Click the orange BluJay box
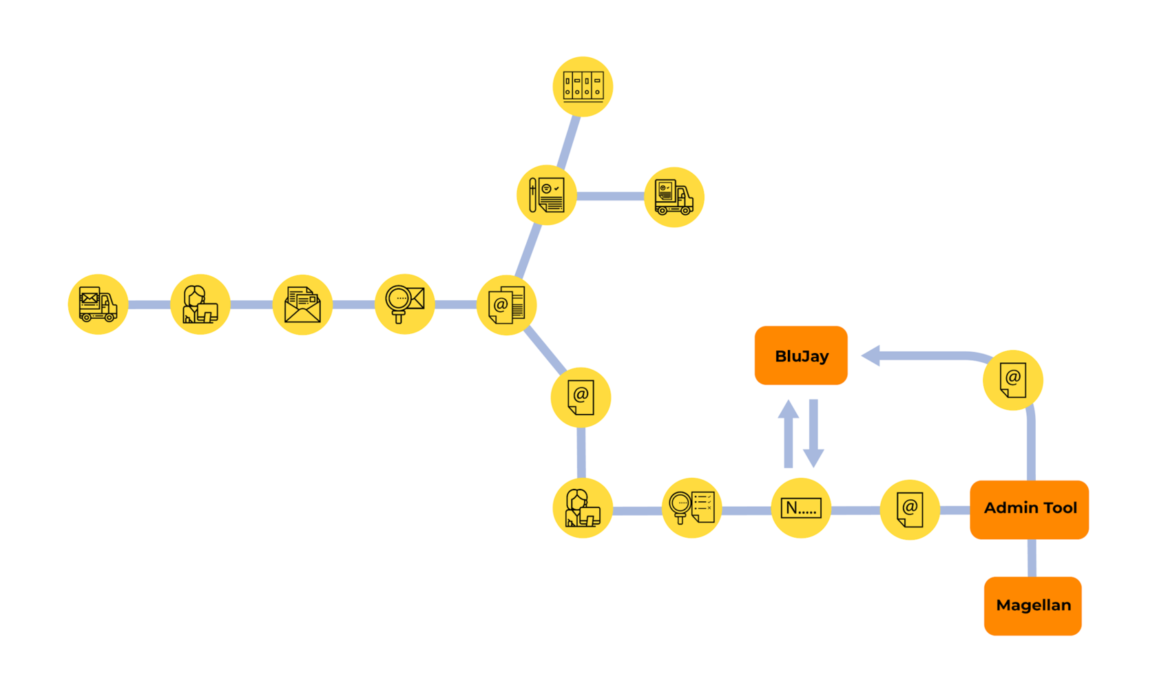801,355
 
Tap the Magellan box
1033,606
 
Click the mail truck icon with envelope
98,304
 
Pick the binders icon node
583,87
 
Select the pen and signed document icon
547,196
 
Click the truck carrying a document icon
674,197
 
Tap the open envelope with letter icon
302,304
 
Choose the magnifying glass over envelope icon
405,304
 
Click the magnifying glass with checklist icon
691,508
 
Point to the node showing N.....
801,508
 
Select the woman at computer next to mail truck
200,304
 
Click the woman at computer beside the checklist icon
583,508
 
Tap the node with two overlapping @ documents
507,305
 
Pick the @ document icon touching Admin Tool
910,510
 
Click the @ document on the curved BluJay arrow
1013,380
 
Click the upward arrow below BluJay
789,434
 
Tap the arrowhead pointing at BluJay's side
871,355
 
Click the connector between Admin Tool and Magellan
1032,558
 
